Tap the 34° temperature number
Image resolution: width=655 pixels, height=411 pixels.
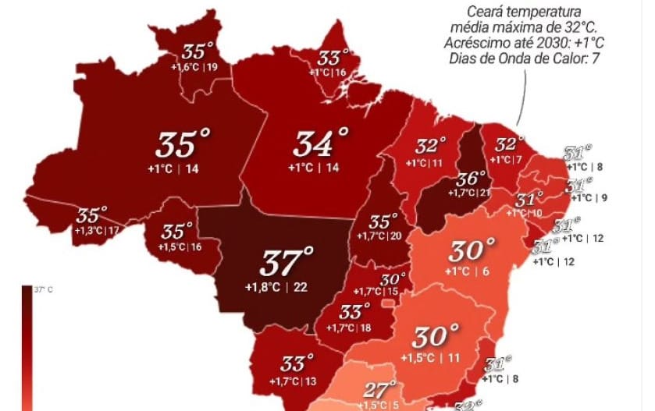tap(321, 143)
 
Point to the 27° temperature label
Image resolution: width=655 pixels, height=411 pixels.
tap(379, 390)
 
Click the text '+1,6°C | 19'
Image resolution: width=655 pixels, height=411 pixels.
tap(194, 68)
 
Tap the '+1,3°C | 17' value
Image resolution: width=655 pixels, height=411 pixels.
tap(97, 231)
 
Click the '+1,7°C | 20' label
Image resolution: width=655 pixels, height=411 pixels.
tap(379, 236)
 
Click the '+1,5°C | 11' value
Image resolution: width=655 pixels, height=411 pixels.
tap(429, 357)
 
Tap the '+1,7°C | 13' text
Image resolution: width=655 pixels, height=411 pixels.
tap(293, 381)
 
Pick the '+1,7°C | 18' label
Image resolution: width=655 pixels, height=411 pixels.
tap(348, 328)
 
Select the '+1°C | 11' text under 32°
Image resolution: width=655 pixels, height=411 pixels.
tap(424, 163)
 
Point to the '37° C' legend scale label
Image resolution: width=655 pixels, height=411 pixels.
tap(41, 289)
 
